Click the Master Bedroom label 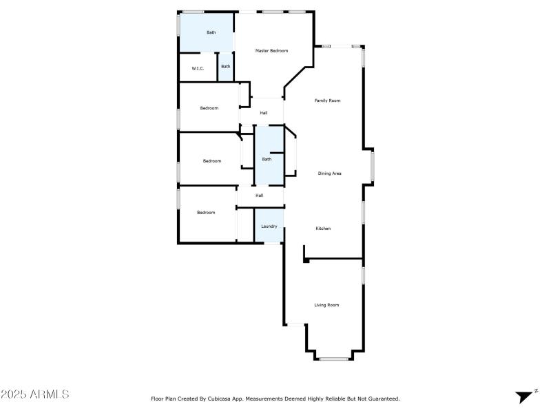pos(271,51)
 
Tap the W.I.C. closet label pos(197,68)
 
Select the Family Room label pos(327,100)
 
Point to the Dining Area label pos(329,173)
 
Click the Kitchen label pos(324,229)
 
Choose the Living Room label pos(326,305)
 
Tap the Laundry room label pos(269,226)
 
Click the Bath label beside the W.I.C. pos(225,67)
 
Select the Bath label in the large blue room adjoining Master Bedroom pos(211,32)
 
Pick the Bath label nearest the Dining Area pos(267,160)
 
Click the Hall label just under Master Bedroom pos(263,113)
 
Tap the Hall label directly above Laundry pos(260,195)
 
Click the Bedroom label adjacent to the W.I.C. pos(209,108)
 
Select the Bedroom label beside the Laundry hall pos(206,213)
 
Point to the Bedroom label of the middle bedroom pos(211,161)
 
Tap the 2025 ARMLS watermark pos(34,395)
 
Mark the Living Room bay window pos(333,359)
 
